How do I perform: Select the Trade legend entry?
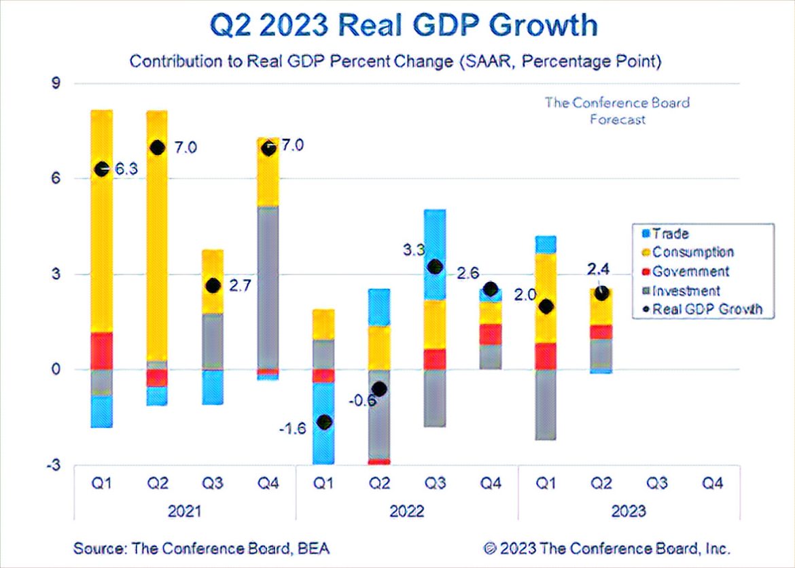pos(670,234)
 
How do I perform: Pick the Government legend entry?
pos(690,271)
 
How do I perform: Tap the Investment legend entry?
pos(686,290)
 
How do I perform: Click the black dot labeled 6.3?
pos(102,169)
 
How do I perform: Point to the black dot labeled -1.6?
pos(325,422)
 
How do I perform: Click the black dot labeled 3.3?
pos(436,267)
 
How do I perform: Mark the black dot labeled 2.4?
pos(601,294)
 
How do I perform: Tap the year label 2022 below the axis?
pos(408,511)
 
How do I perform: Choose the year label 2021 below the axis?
pos(183,511)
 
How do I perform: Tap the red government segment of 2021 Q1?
pos(102,351)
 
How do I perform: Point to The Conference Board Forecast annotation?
pos(617,111)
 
